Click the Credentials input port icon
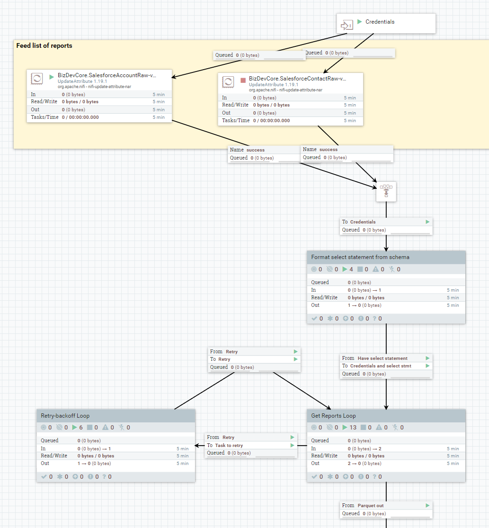tap(347, 25)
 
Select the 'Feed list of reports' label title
tap(44, 46)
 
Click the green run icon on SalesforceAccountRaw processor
tap(52, 76)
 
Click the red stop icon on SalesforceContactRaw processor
tap(243, 80)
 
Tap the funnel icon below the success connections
tap(386, 191)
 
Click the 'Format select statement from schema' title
tap(360, 257)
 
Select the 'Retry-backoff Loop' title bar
tap(65, 416)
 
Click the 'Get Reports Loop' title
tap(333, 416)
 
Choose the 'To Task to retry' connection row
tap(225, 445)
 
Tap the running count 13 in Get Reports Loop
tap(353, 428)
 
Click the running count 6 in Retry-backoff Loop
tap(81, 428)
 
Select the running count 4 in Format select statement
tap(351, 269)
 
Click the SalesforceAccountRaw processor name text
tap(106, 75)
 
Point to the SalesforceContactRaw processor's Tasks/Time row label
tap(236, 120)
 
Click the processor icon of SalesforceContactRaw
tap(228, 81)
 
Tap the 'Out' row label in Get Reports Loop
tap(315, 464)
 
